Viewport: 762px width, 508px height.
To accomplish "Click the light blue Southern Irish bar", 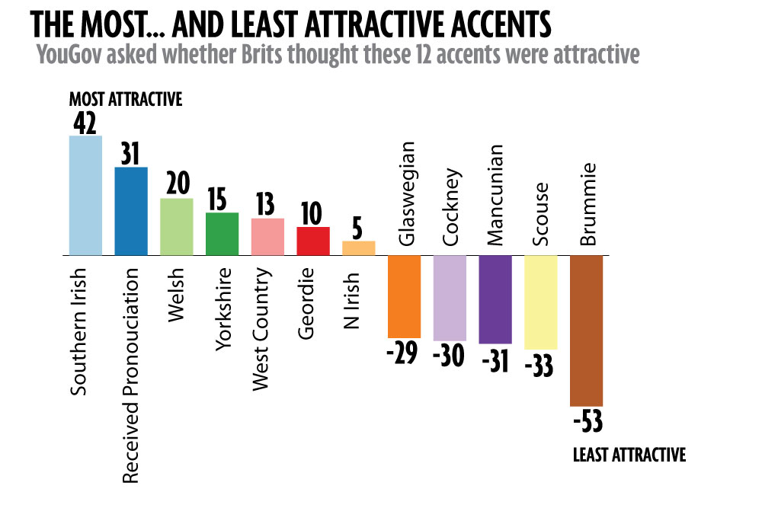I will (x=85, y=196).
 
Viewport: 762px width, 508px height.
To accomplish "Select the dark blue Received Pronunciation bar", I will (x=131, y=211).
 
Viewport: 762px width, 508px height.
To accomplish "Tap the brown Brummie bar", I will (x=586, y=331).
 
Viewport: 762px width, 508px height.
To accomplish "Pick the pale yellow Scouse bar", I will (x=541, y=302).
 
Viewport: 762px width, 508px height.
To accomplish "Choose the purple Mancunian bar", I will (x=495, y=299).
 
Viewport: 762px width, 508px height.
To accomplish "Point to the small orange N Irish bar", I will (x=359, y=248).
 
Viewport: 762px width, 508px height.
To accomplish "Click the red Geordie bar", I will (x=313, y=241).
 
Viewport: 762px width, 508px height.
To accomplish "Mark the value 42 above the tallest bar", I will (x=85, y=122).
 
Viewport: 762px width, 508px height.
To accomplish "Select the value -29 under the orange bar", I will (x=404, y=353).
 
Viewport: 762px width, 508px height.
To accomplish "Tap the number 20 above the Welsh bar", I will (x=177, y=185).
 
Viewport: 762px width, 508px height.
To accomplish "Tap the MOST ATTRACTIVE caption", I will (x=126, y=100).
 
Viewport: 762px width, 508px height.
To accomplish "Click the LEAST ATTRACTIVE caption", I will (x=629, y=455).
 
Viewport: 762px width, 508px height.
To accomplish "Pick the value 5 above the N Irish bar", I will (x=359, y=228).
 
